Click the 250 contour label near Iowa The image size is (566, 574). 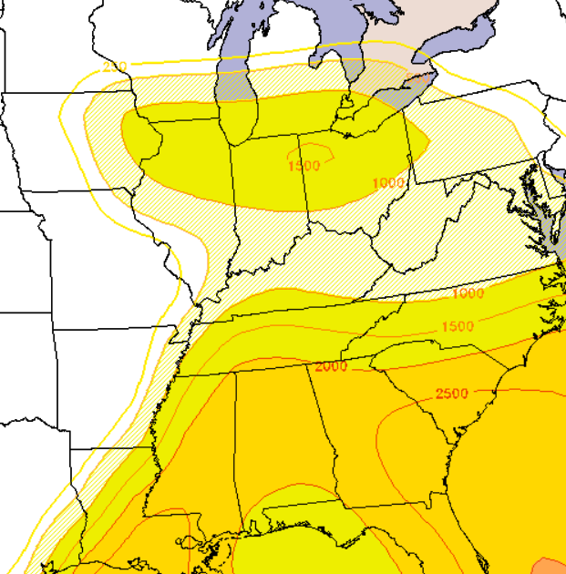point(115,67)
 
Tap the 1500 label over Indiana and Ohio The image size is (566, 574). point(304,166)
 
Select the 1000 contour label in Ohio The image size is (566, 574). point(388,183)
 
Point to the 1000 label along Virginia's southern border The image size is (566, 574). point(468,293)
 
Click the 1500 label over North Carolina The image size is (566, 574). point(458,326)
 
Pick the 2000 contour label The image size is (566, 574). point(331,366)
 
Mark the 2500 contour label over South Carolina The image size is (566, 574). point(451,394)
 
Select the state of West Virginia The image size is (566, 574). point(428,228)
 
